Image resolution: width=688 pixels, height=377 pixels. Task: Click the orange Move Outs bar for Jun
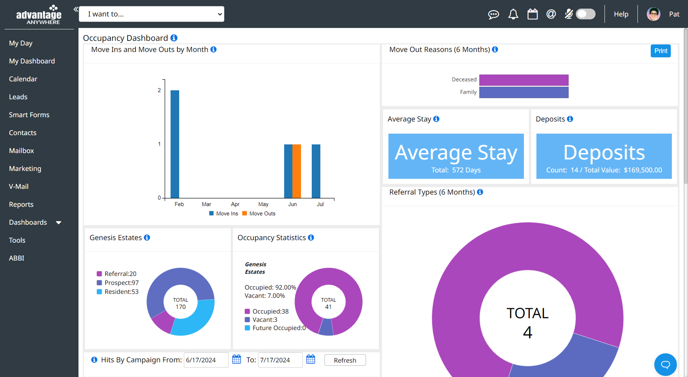click(297, 171)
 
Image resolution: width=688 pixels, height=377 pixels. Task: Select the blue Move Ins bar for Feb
click(175, 144)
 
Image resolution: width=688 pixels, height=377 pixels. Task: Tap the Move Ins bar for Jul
click(316, 171)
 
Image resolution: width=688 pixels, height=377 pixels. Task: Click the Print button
click(660, 51)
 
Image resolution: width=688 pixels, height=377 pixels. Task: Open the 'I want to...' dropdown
click(152, 14)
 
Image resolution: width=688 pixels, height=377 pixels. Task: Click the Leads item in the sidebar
click(18, 97)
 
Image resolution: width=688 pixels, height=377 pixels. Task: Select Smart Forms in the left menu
click(29, 115)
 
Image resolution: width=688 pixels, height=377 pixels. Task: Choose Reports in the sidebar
click(21, 204)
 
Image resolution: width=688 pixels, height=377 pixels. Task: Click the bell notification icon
click(513, 14)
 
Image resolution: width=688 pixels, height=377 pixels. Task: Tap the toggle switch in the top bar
click(586, 14)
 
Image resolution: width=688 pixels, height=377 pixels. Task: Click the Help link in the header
click(621, 14)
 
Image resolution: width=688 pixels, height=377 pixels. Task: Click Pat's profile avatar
click(653, 14)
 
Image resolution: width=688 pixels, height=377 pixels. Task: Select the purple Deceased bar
click(524, 80)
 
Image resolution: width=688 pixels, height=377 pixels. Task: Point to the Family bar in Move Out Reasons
click(524, 92)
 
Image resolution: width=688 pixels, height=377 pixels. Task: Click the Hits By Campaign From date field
click(206, 360)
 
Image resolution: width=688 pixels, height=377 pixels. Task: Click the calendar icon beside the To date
click(311, 359)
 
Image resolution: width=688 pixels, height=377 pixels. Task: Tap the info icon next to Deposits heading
click(570, 119)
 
